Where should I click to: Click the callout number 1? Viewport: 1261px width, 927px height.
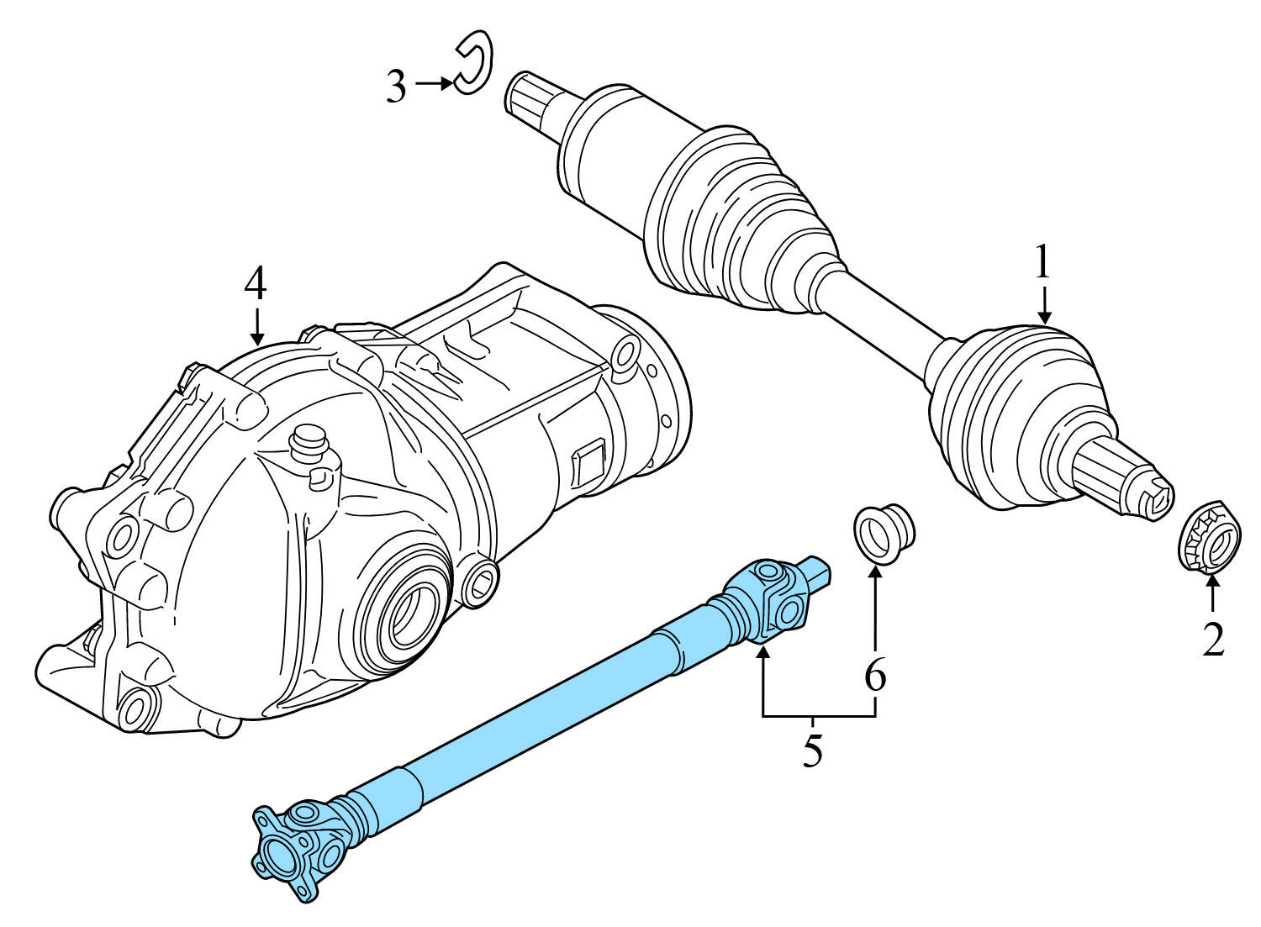[x=1042, y=263]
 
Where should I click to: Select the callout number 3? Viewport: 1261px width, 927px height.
[x=396, y=86]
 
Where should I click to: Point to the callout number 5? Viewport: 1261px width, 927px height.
[x=811, y=750]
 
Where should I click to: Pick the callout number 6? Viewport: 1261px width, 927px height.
[x=875, y=675]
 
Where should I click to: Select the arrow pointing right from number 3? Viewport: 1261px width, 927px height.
[x=435, y=84]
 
